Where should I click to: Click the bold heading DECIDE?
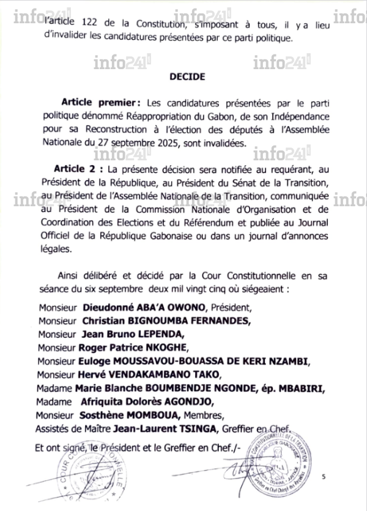point(183,78)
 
